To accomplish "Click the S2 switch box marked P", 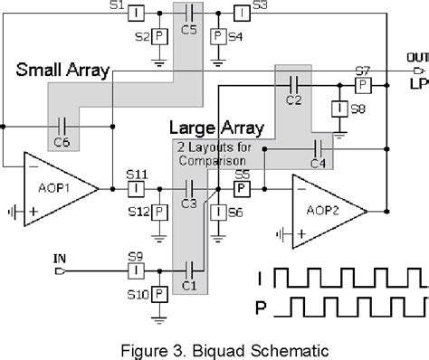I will [x=159, y=37].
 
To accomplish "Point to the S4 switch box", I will [x=217, y=37].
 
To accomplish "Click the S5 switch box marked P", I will [x=242, y=189].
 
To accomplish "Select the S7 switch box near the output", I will [x=362, y=84].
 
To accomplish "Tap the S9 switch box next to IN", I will [x=134, y=269].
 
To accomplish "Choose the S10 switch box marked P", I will [x=159, y=294].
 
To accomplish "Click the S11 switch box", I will [x=134, y=188].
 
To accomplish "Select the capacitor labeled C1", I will [x=189, y=269].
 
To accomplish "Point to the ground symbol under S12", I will [x=159, y=233].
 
